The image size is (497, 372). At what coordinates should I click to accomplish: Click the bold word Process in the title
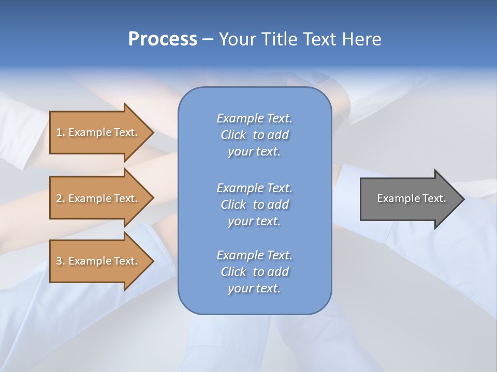pyautogui.click(x=163, y=39)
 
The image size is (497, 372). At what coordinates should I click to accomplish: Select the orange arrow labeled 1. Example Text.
pyautogui.click(x=98, y=132)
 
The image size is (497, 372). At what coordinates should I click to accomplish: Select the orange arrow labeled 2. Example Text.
pyautogui.click(x=98, y=198)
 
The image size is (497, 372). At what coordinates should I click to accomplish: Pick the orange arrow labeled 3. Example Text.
pyautogui.click(x=98, y=261)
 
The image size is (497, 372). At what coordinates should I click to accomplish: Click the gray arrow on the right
pyautogui.click(x=409, y=198)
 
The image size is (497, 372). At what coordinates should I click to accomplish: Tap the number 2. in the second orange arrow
pyautogui.click(x=61, y=198)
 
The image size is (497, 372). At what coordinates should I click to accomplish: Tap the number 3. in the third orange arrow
pyautogui.click(x=61, y=261)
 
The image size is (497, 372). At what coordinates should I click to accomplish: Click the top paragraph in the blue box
pyautogui.click(x=254, y=135)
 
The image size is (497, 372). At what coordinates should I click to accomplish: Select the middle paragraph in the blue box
pyautogui.click(x=254, y=205)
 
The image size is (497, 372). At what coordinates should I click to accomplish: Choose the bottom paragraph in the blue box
pyautogui.click(x=254, y=272)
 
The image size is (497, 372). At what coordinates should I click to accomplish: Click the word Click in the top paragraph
pyautogui.click(x=233, y=135)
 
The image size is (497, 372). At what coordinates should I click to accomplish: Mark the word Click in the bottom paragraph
pyautogui.click(x=233, y=272)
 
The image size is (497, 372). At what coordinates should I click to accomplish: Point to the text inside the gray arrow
pyautogui.click(x=411, y=198)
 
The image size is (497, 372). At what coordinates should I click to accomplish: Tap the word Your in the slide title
pyautogui.click(x=237, y=39)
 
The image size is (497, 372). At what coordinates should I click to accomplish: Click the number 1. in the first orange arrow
pyautogui.click(x=60, y=132)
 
